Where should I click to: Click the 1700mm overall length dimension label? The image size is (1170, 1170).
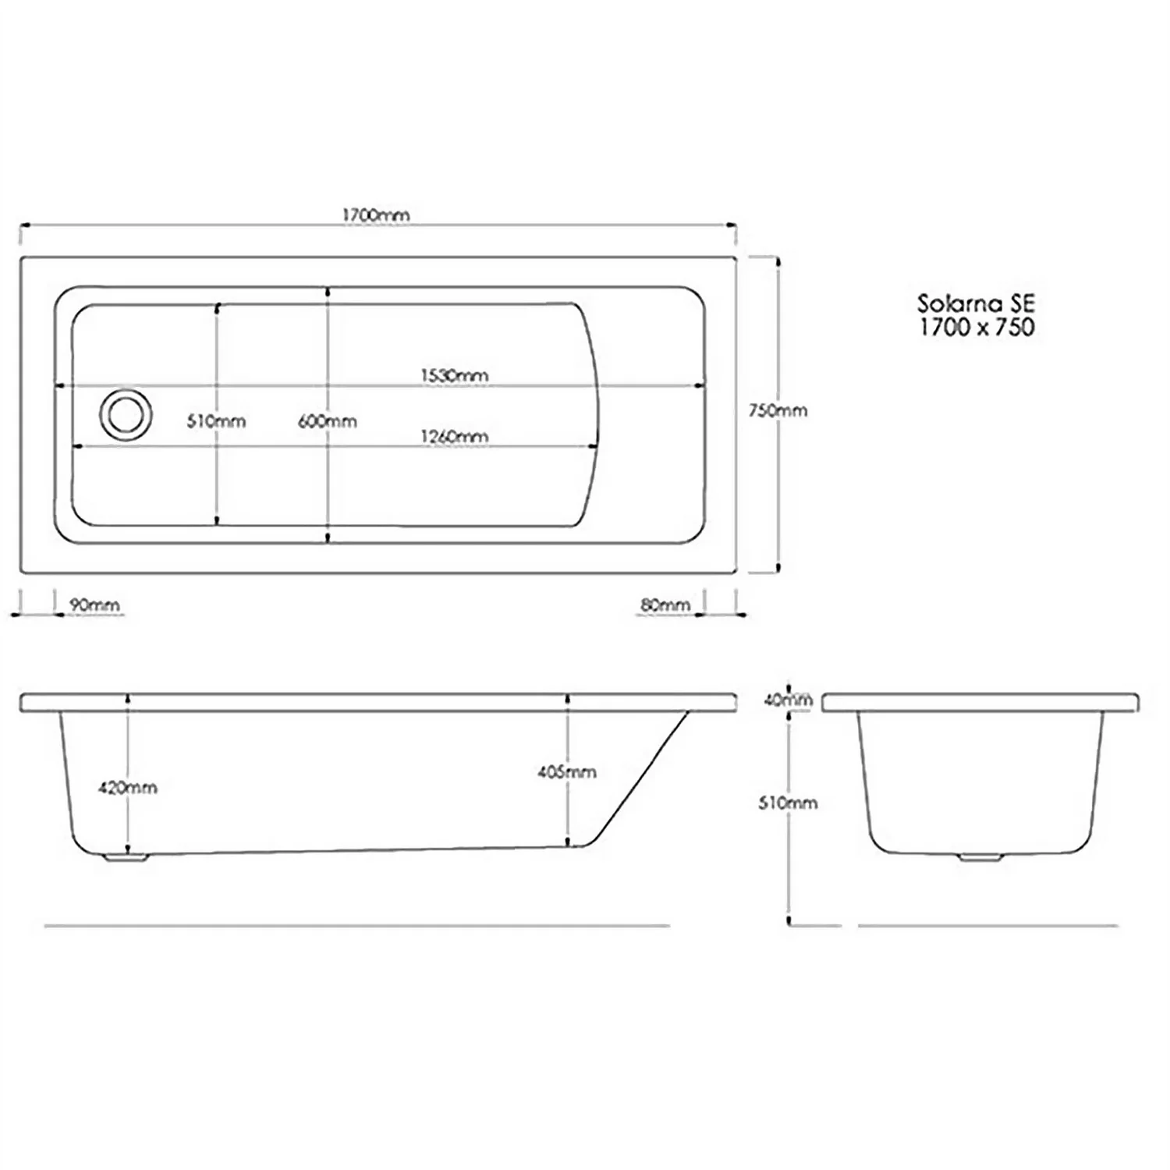pyautogui.click(x=376, y=214)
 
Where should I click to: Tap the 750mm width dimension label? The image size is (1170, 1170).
pyautogui.click(x=778, y=410)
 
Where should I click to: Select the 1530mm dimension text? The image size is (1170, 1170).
pyautogui.click(x=455, y=375)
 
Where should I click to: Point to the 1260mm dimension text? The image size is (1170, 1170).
pyautogui.click(x=455, y=437)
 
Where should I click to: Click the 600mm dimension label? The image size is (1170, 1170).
pyautogui.click(x=328, y=422)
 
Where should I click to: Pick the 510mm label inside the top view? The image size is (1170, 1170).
pyautogui.click(x=216, y=422)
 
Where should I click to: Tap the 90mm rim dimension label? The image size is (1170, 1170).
pyautogui.click(x=94, y=605)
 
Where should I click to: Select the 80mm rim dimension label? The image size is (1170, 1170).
pyautogui.click(x=665, y=605)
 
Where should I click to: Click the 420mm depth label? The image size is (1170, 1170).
pyautogui.click(x=127, y=788)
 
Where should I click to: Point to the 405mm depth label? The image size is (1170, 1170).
pyautogui.click(x=567, y=772)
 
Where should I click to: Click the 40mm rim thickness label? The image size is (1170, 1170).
pyautogui.click(x=788, y=700)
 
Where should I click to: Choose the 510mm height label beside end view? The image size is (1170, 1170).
pyautogui.click(x=788, y=803)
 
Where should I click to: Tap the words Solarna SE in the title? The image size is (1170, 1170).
pyautogui.click(x=976, y=303)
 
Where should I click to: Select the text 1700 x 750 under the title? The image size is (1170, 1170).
pyautogui.click(x=976, y=327)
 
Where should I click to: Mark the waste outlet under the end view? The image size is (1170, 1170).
pyautogui.click(x=980, y=857)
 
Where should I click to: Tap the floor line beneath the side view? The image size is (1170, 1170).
pyautogui.click(x=356, y=926)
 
